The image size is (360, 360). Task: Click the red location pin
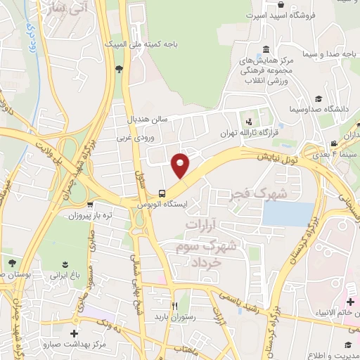click(x=181, y=165)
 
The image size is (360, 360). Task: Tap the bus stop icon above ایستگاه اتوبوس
click(x=162, y=193)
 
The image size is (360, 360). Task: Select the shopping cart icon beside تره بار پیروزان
click(x=89, y=205)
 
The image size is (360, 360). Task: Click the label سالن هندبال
click(x=147, y=118)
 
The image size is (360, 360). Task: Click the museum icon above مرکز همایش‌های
click(x=266, y=51)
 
